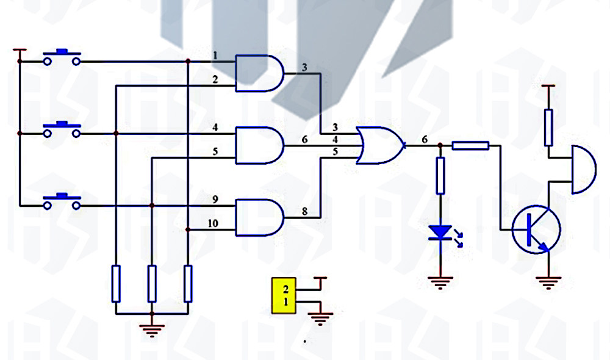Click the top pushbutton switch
[62, 57]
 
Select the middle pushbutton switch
[62, 129]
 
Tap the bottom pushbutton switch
[62, 201]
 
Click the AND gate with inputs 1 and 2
[259, 73]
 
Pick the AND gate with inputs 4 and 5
[259, 145]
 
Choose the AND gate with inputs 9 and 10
[259, 217]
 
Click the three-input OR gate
[381, 145]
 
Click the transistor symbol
[536, 229]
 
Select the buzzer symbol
[584, 170]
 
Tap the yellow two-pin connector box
[284, 295]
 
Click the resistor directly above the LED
[440, 176]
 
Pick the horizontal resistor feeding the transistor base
[470, 146]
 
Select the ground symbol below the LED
[440, 283]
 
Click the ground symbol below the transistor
[548, 283]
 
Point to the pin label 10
[213, 223]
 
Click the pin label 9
[215, 200]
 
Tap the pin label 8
[304, 211]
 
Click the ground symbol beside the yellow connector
[320, 319]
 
